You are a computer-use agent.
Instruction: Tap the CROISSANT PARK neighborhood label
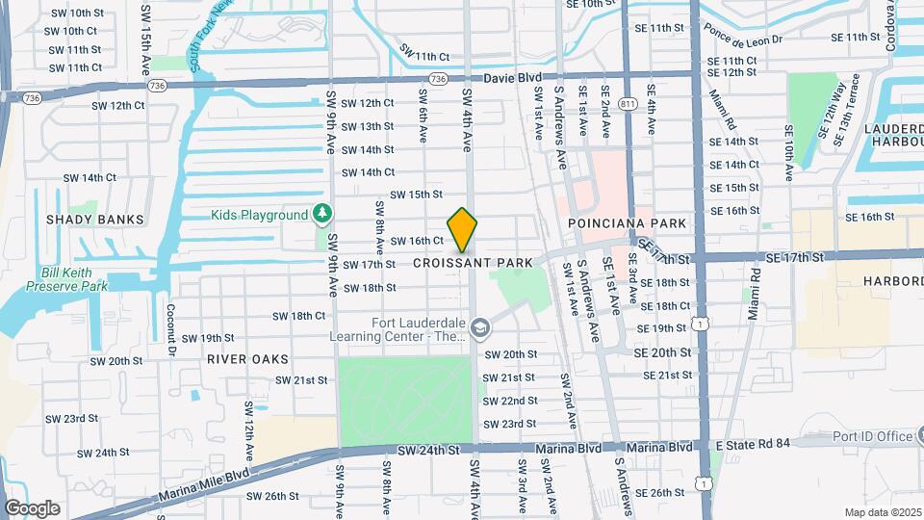473,263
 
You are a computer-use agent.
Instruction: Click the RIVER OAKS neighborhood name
247,358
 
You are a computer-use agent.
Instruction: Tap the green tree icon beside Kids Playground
324,214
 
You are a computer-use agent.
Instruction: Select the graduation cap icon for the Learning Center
479,331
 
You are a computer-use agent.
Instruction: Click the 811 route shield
629,103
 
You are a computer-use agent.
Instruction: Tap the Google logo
32,508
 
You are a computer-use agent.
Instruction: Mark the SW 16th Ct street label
416,241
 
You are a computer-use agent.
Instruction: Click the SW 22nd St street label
510,401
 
